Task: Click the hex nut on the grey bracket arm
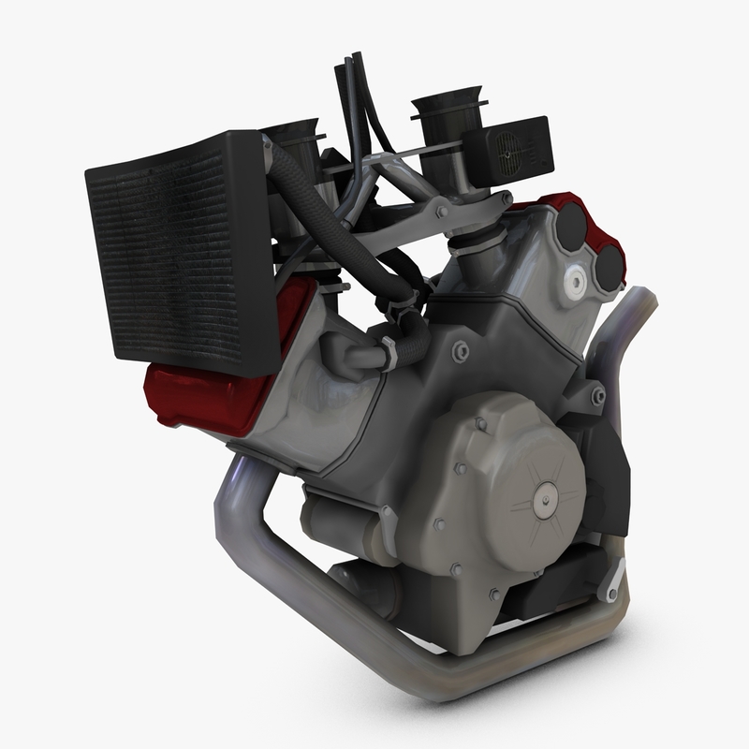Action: (x=506, y=199)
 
